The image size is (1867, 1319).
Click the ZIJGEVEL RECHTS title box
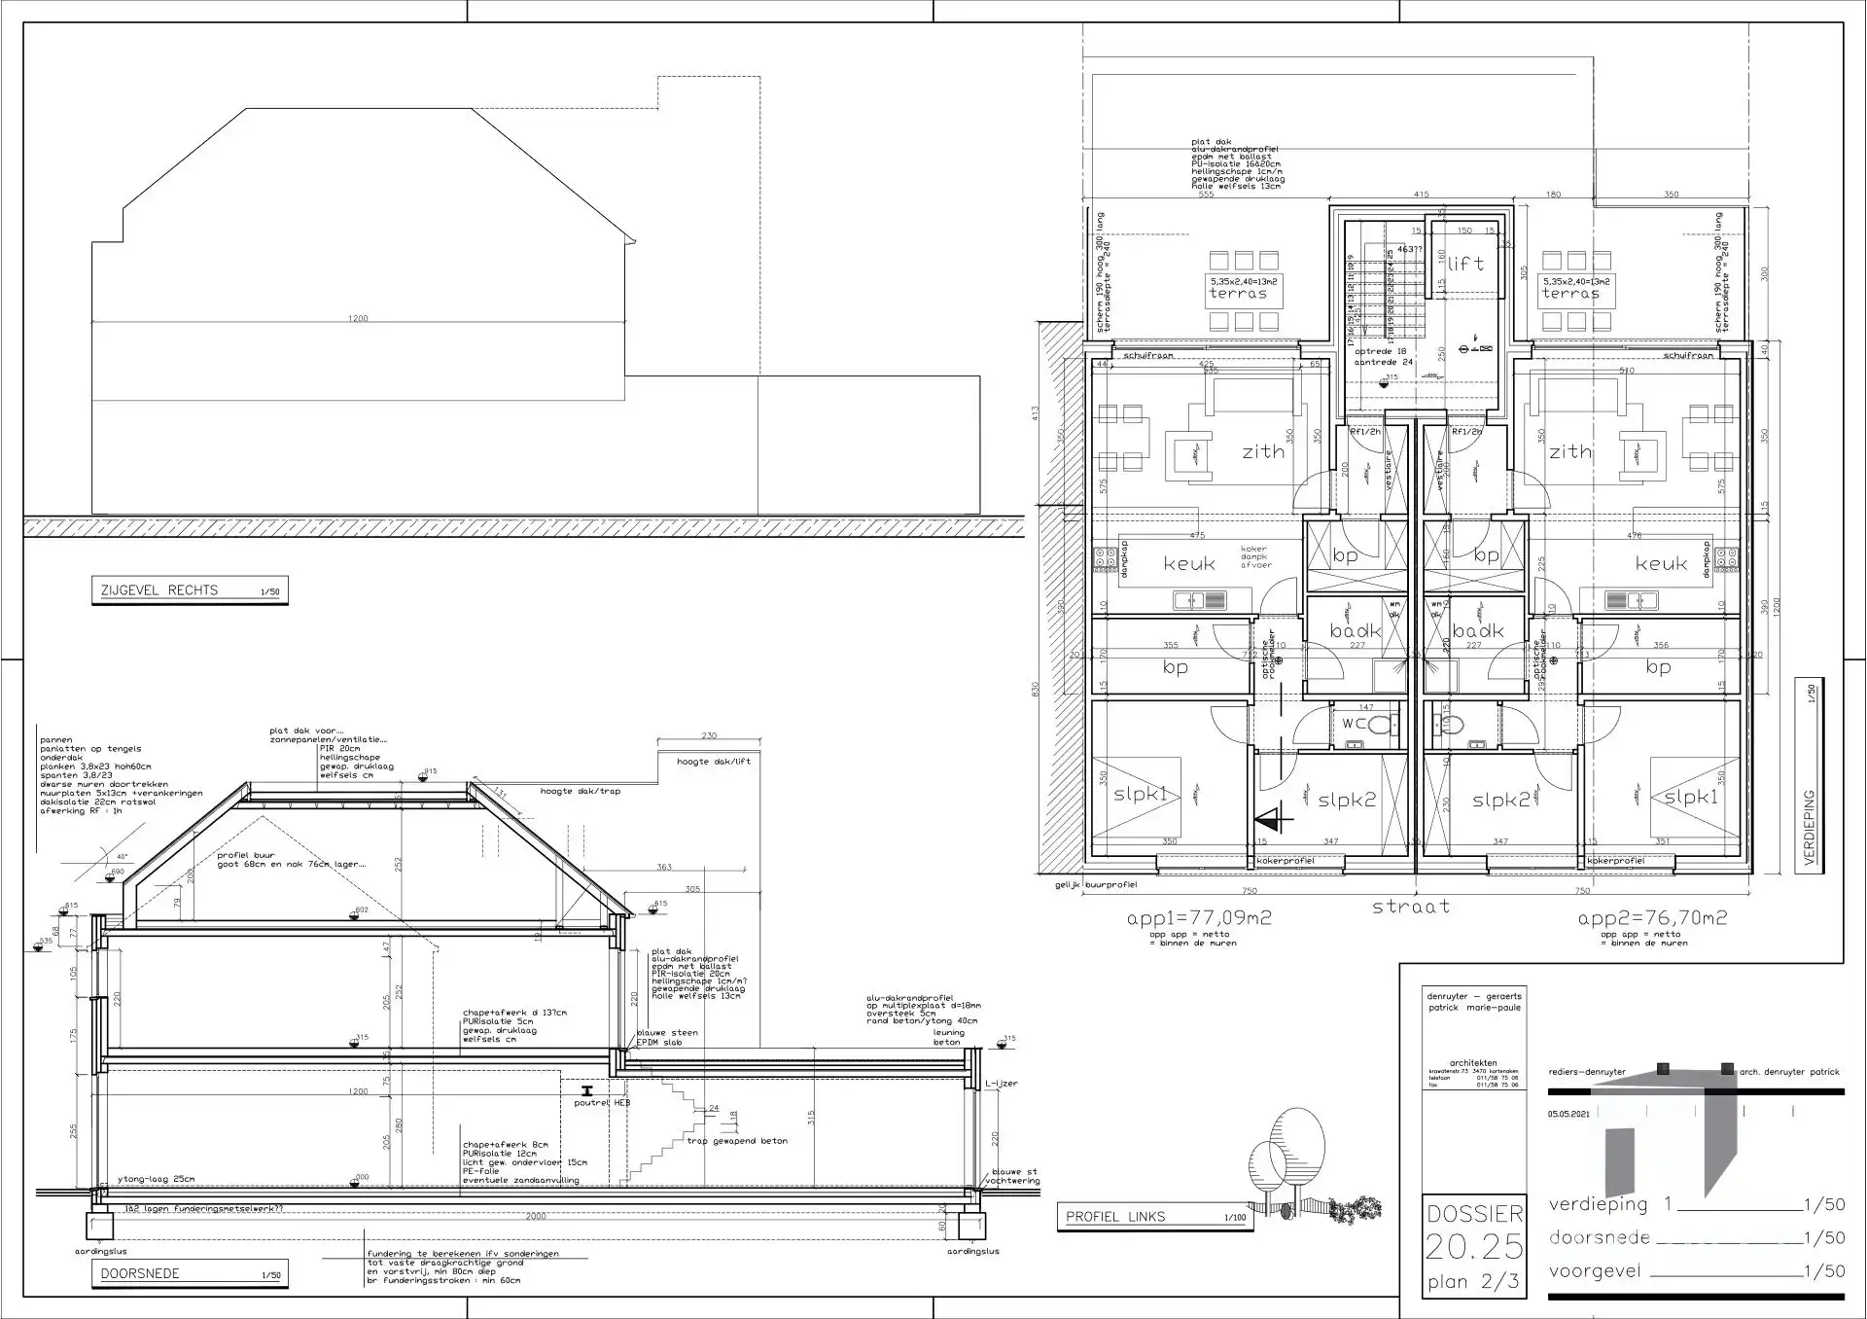[190, 590]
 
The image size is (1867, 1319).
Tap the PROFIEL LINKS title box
[1154, 1217]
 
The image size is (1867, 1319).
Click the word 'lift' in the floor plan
[1465, 264]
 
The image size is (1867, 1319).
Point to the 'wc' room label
[1355, 723]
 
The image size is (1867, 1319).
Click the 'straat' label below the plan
[1410, 907]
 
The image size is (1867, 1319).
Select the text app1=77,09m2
[1199, 917]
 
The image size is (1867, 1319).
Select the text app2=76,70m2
[1652, 917]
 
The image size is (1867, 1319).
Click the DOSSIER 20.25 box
[1474, 1230]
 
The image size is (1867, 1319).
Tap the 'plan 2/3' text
[1473, 1282]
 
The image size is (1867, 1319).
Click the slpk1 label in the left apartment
[1140, 795]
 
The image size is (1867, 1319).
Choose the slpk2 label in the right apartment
[1500, 800]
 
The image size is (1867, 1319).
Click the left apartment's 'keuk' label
[1189, 564]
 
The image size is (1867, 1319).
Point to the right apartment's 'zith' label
[1570, 451]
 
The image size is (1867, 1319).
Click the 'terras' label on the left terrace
[1238, 293]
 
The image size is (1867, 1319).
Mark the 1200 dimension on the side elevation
[358, 318]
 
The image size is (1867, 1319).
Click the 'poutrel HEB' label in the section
[602, 1103]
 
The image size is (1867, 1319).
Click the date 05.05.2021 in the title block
[1568, 1115]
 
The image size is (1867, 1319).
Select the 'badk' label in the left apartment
[1356, 631]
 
